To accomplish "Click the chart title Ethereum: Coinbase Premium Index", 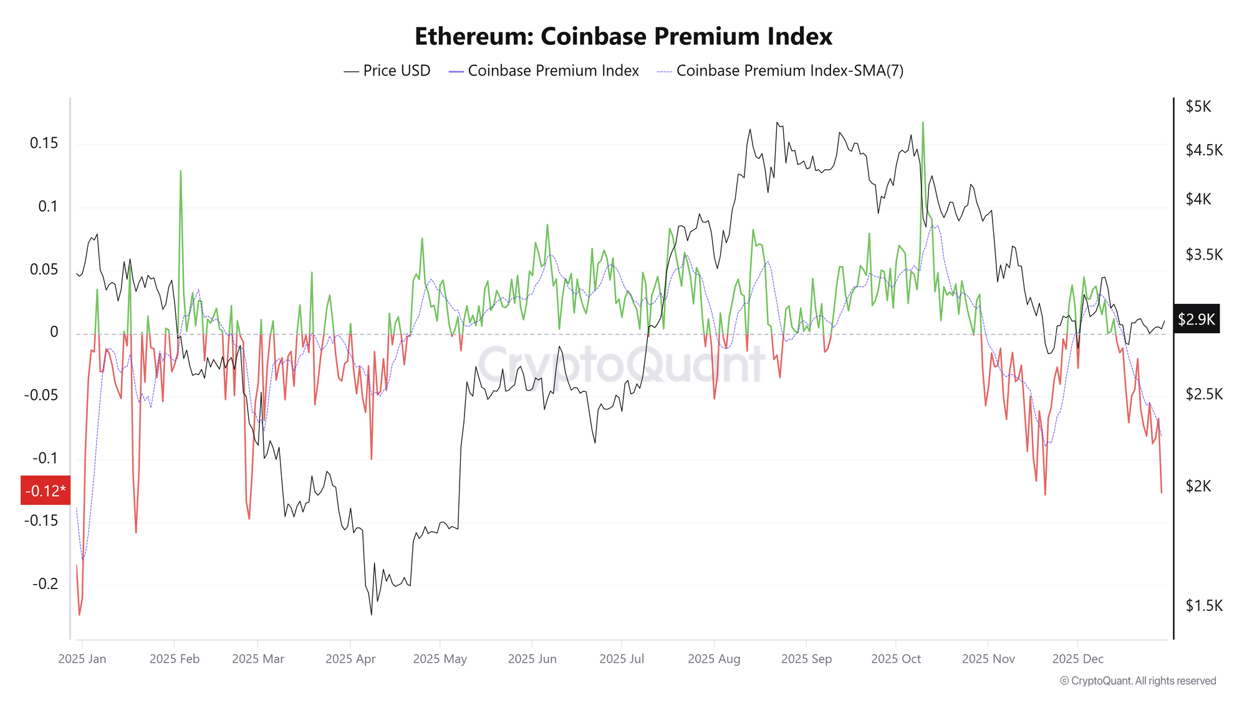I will pyautogui.click(x=623, y=37).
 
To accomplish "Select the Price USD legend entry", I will pyautogui.click(x=387, y=71).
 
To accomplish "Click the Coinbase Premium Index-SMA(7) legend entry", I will pyautogui.click(x=781, y=71).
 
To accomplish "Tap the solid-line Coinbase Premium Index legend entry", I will pyautogui.click(x=544, y=71).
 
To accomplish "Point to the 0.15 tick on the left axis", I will pyautogui.click(x=44, y=144).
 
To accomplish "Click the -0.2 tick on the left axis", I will pyautogui.click(x=45, y=584).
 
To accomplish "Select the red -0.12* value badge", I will pyautogui.click(x=46, y=491).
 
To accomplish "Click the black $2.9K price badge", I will pyautogui.click(x=1196, y=320).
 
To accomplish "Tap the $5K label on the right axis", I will pyautogui.click(x=1198, y=107).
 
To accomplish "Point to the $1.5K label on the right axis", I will pyautogui.click(x=1203, y=606).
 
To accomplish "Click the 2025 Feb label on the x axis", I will pyautogui.click(x=175, y=659).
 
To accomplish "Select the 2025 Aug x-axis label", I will pyautogui.click(x=714, y=659).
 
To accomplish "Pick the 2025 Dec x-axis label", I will pyautogui.click(x=1077, y=659).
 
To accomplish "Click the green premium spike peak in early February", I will pyautogui.click(x=180, y=171).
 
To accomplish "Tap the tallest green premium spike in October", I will pyautogui.click(x=923, y=122).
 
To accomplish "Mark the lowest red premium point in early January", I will pyautogui.click(x=79, y=615).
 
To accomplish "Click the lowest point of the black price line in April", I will pyautogui.click(x=372, y=615).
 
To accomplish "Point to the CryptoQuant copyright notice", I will pyautogui.click(x=1138, y=681).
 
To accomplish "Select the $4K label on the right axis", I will pyautogui.click(x=1198, y=200).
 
